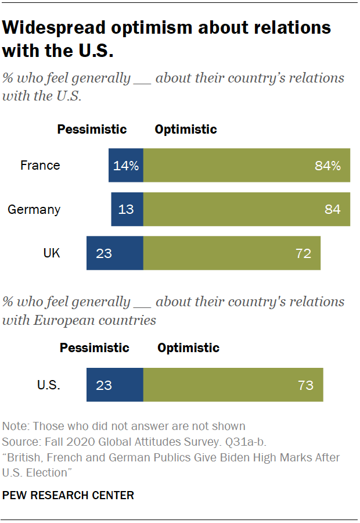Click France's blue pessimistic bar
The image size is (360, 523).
click(x=126, y=165)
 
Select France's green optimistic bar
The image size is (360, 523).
click(x=247, y=165)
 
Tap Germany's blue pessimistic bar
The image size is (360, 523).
click(x=127, y=209)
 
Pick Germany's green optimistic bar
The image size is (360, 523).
click(x=247, y=209)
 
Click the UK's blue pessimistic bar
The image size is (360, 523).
click(x=115, y=253)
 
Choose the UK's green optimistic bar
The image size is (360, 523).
click(x=232, y=253)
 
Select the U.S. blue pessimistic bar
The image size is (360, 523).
click(x=115, y=385)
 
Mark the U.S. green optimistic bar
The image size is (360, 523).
click(x=233, y=385)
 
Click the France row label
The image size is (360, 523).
click(x=40, y=165)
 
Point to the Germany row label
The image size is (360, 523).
click(x=34, y=209)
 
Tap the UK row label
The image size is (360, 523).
click(x=51, y=253)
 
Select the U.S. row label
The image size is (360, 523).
click(x=49, y=385)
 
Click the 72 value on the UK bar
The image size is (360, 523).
click(x=303, y=253)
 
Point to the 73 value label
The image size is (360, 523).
click(x=305, y=385)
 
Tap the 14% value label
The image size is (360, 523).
click(x=126, y=165)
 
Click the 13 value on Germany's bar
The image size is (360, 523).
click(x=126, y=209)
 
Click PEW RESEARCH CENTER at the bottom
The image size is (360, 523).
click(x=69, y=496)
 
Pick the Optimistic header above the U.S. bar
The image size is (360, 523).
click(x=188, y=348)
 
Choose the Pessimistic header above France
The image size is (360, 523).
click(x=92, y=129)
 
